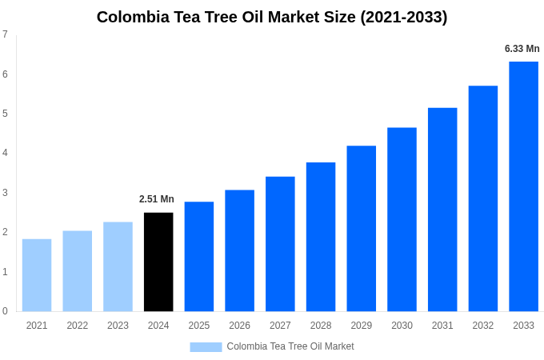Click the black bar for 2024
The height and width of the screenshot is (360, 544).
click(x=158, y=262)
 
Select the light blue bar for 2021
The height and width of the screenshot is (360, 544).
click(x=37, y=275)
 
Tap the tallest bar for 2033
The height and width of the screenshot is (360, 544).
click(x=523, y=186)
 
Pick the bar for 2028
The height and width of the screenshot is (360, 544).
click(x=321, y=237)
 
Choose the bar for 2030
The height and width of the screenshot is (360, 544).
click(x=402, y=219)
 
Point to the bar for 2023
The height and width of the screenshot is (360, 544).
click(x=118, y=266)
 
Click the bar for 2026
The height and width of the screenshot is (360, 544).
click(x=239, y=250)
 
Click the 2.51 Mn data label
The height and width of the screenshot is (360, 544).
click(x=157, y=199)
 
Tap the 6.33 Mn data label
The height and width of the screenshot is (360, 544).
click(x=522, y=49)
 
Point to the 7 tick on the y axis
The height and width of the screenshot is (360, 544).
click(x=5, y=34)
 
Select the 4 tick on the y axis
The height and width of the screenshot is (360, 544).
click(x=5, y=153)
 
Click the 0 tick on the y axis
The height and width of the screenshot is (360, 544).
click(x=5, y=311)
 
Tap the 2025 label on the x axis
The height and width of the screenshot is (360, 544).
click(x=199, y=326)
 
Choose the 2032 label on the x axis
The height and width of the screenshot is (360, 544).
click(x=483, y=326)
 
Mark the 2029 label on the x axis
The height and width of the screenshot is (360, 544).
click(x=362, y=326)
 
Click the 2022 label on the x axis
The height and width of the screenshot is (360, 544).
click(x=78, y=326)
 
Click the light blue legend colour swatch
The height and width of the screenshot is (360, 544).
click(x=206, y=347)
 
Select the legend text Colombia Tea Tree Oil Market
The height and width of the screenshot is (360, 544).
click(x=290, y=346)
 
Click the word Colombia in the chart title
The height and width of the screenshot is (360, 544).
click(x=132, y=17)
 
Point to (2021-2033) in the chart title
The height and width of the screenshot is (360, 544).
click(x=404, y=17)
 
